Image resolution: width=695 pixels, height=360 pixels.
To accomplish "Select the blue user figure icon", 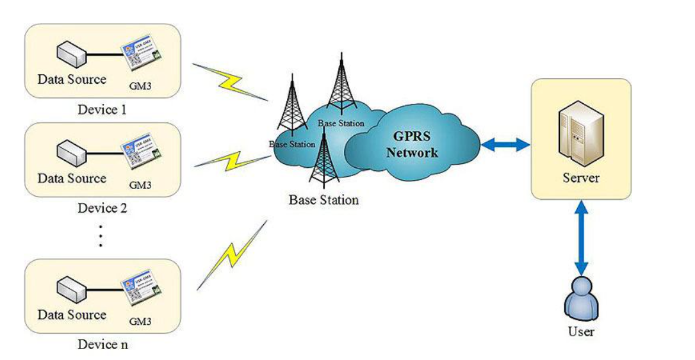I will pyautogui.click(x=580, y=299).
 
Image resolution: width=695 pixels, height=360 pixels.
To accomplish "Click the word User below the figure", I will pyautogui.click(x=581, y=332).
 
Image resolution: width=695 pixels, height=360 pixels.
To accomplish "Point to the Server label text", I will pyautogui.click(x=581, y=177).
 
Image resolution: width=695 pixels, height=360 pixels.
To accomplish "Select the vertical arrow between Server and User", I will pyautogui.click(x=581, y=237).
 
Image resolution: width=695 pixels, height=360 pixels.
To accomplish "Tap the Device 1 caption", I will pyautogui.click(x=102, y=110).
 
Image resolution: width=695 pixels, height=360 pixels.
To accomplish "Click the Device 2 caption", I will pyautogui.click(x=102, y=208).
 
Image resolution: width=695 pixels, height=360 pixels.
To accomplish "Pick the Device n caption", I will pyautogui.click(x=102, y=345).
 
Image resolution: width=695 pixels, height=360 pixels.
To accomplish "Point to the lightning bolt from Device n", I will pyautogui.click(x=231, y=254).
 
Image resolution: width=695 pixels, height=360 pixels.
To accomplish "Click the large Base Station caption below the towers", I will pyautogui.click(x=323, y=200).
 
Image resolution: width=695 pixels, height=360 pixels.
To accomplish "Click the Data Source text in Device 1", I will pyautogui.click(x=72, y=80).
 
